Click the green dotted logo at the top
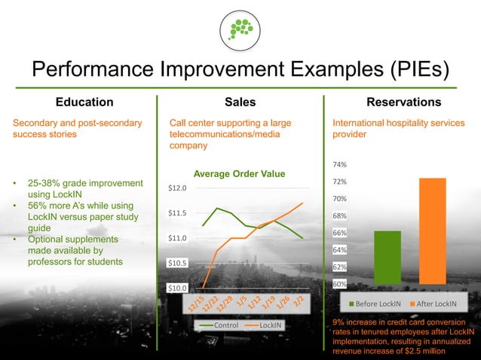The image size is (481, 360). tap(240, 30)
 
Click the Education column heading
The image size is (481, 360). tap(84, 102)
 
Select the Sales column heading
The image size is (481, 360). tap(240, 102)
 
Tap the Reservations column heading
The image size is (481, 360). tap(403, 102)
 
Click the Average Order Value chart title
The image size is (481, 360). tap(240, 174)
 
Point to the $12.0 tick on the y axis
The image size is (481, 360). tap(177, 188)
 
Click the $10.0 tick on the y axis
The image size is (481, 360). tap(177, 288)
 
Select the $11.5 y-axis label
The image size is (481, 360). tap(177, 213)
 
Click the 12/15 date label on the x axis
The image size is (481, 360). tap(198, 304)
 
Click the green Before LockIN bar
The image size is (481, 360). tap(388, 257)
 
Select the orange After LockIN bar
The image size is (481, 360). tap(433, 230)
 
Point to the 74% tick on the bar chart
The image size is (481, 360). tap(339, 164)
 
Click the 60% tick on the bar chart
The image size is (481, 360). tap(339, 284)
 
